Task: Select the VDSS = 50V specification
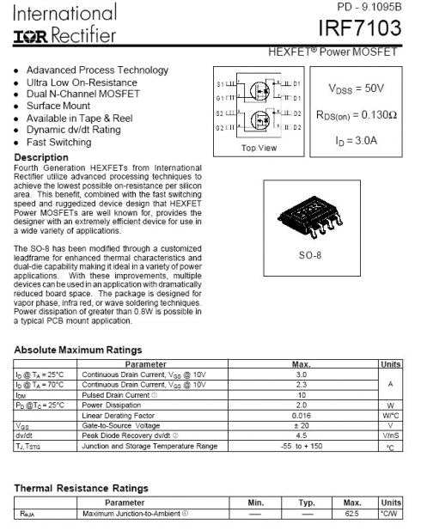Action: [356, 88]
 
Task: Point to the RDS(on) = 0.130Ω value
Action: [356, 114]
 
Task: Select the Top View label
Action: [259, 148]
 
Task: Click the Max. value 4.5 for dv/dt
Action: [302, 435]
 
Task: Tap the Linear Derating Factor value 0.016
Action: [302, 415]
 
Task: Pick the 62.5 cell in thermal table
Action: [351, 514]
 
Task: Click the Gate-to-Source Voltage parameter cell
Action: [121, 425]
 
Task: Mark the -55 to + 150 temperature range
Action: [302, 446]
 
